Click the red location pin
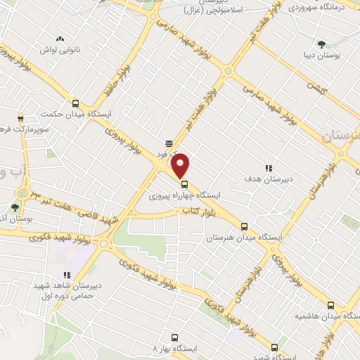[x=181, y=165]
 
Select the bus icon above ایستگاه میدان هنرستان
[x=244, y=226]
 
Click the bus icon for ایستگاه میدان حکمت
[x=76, y=103]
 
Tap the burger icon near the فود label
[x=169, y=141]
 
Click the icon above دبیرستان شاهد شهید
[x=67, y=275]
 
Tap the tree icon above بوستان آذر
[x=15, y=207]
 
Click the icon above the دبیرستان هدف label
[x=268, y=168]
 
